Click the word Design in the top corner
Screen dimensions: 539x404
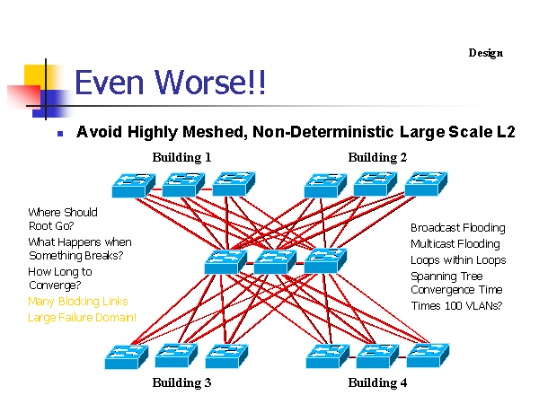point(485,53)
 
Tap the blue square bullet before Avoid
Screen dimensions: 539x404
point(60,134)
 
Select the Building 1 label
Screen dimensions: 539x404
point(181,157)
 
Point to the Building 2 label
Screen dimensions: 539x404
point(377,157)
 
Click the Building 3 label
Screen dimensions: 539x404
point(181,382)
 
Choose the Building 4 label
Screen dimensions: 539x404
point(377,382)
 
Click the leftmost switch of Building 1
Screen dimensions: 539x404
point(134,185)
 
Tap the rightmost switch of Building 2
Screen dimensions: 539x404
point(426,184)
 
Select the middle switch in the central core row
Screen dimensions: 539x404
point(275,262)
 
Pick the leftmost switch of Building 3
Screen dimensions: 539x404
point(127,357)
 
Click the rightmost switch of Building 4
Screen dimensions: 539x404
point(428,356)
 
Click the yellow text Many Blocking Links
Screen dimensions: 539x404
point(78,302)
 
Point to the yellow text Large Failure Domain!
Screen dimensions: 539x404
point(82,318)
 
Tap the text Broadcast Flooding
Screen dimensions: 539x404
point(458,228)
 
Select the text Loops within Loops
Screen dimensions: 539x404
point(458,260)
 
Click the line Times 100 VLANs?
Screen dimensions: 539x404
point(457,306)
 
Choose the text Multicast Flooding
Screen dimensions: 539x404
point(455,244)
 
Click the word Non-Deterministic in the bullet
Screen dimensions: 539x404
point(323,132)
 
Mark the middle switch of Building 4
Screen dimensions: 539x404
point(378,356)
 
